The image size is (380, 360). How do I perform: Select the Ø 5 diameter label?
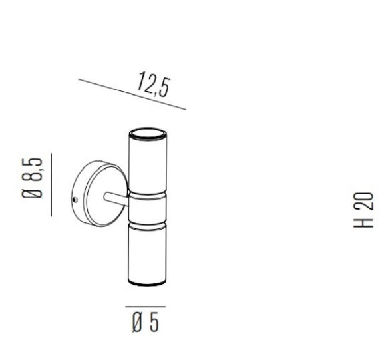(x=145, y=323)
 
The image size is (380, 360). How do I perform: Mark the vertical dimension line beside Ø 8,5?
(x=51, y=184)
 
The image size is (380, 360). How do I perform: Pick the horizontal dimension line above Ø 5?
(x=145, y=307)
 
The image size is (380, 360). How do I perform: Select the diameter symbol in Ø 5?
(x=137, y=323)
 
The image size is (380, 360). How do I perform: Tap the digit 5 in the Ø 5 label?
(x=154, y=323)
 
